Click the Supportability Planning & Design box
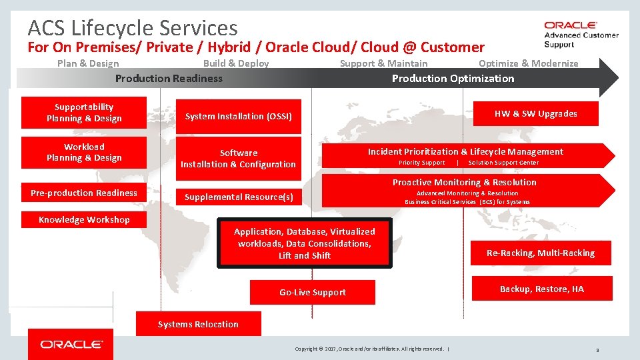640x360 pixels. (84, 113)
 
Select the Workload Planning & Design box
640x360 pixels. (84, 153)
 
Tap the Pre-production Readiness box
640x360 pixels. (84, 193)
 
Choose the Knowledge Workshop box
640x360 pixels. (84, 220)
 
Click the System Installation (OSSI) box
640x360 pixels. (238, 117)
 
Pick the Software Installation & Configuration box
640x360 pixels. (238, 159)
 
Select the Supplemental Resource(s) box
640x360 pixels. (238, 197)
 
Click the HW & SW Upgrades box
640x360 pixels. (535, 114)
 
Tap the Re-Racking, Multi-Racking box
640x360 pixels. (541, 253)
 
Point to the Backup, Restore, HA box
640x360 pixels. (541, 289)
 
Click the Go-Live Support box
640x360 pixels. (312, 293)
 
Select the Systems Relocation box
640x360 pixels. (198, 325)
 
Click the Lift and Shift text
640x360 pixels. (305, 256)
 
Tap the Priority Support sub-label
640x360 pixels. (421, 163)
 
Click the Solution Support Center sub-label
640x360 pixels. (503, 163)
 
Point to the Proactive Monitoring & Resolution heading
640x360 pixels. (464, 183)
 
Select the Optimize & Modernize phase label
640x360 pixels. (528, 64)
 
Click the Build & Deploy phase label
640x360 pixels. (236, 64)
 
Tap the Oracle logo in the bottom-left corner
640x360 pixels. (71, 345)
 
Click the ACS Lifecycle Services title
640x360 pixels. (133, 28)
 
